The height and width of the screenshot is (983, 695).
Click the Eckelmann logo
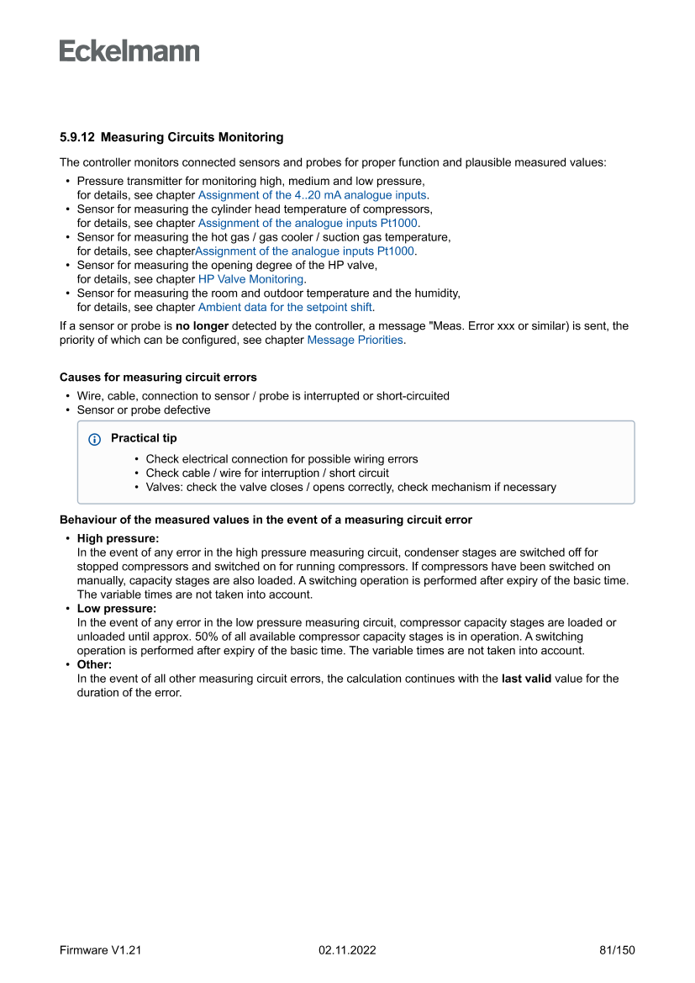pyautogui.click(x=129, y=51)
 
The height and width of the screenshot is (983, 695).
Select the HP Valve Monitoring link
pyautogui.click(x=250, y=279)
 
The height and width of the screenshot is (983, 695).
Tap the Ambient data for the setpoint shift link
pyautogui.click(x=285, y=307)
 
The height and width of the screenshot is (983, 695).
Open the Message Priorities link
pyautogui.click(x=355, y=341)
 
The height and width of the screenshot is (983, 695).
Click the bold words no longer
pyautogui.click(x=202, y=326)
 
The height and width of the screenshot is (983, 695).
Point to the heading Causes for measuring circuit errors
pyautogui.click(x=158, y=377)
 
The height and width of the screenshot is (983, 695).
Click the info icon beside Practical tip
pyautogui.click(x=94, y=439)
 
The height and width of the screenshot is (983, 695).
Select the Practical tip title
pyautogui.click(x=144, y=438)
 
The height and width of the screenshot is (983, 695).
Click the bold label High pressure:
pyautogui.click(x=118, y=538)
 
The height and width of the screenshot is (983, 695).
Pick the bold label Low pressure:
pyautogui.click(x=117, y=609)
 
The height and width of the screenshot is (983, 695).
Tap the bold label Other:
pyautogui.click(x=94, y=664)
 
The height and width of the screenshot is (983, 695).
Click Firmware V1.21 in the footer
pyautogui.click(x=100, y=950)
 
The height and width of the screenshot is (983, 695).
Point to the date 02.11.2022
pyautogui.click(x=347, y=950)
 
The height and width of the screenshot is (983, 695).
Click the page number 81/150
pyautogui.click(x=617, y=950)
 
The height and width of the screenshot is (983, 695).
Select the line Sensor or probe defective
pyautogui.click(x=143, y=410)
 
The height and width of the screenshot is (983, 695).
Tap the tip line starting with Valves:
pyautogui.click(x=350, y=487)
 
